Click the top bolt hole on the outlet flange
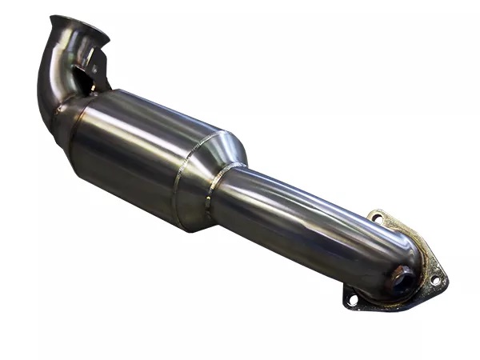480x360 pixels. [x=376, y=217]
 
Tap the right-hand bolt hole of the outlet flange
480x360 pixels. [x=435, y=280]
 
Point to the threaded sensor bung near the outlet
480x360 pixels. [x=398, y=280]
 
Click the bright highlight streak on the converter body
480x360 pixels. [x=160, y=120]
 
